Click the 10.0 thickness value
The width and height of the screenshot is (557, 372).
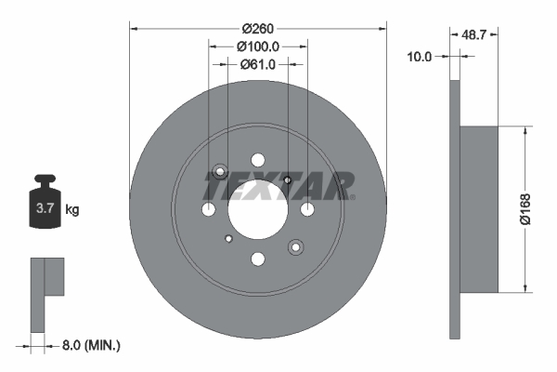(421, 57)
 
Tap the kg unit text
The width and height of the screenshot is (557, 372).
(72, 209)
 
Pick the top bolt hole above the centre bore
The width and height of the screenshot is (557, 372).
(257, 161)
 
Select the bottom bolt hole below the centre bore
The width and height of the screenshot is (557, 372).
(257, 259)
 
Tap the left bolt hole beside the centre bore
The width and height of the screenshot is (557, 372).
(209, 209)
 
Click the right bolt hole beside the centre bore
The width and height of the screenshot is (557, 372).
(306, 209)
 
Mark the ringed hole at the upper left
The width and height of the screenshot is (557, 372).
(221, 172)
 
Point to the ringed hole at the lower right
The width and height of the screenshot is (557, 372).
(295, 246)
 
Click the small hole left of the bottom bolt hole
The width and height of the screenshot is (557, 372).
(228, 238)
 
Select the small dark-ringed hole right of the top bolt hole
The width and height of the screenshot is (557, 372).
(288, 180)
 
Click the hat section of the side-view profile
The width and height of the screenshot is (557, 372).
(479, 209)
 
